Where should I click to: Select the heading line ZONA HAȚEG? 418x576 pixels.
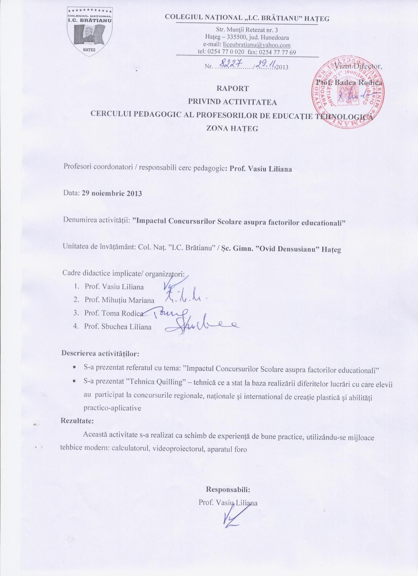(232, 129)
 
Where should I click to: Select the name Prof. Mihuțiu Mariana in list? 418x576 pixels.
(119, 300)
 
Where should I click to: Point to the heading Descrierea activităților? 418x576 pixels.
(100, 354)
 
